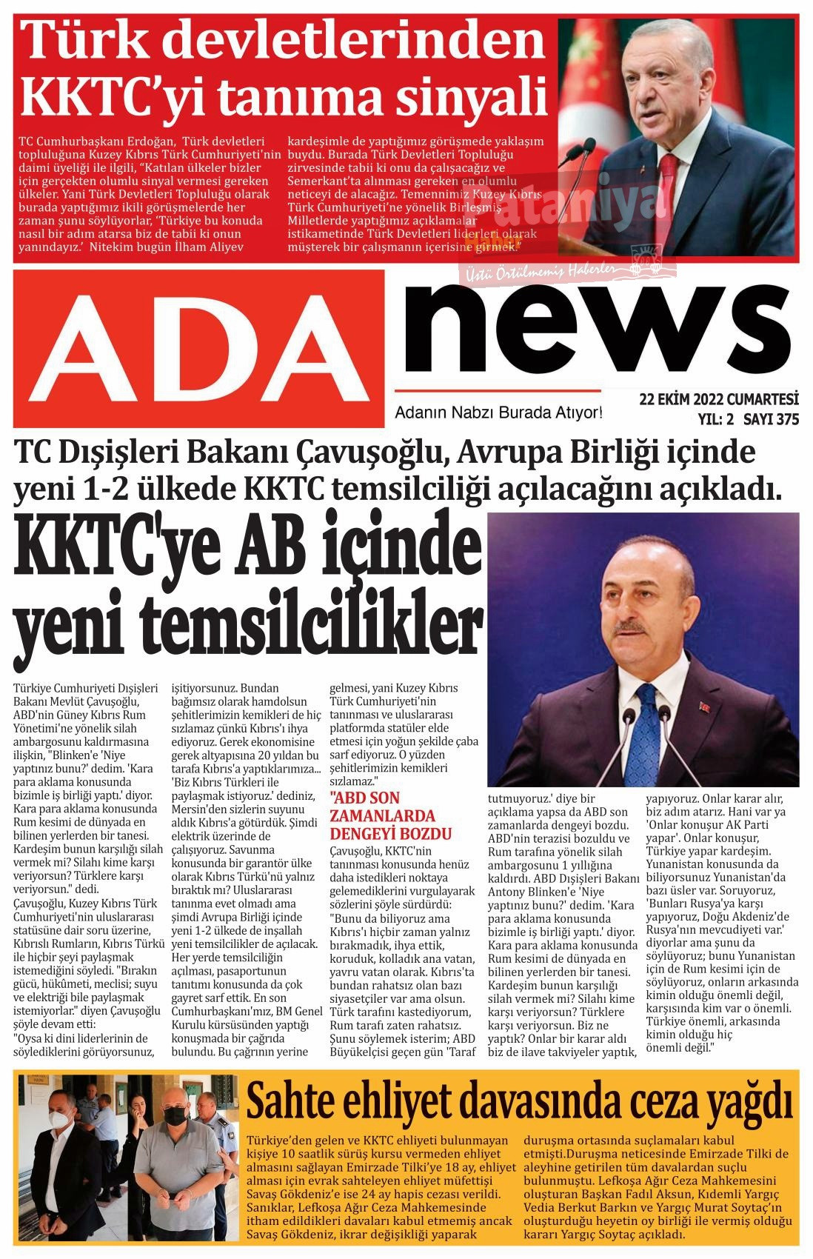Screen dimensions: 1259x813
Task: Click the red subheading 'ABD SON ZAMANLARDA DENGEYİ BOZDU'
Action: coord(392,815)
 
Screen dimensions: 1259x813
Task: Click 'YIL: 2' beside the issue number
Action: coord(715,420)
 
